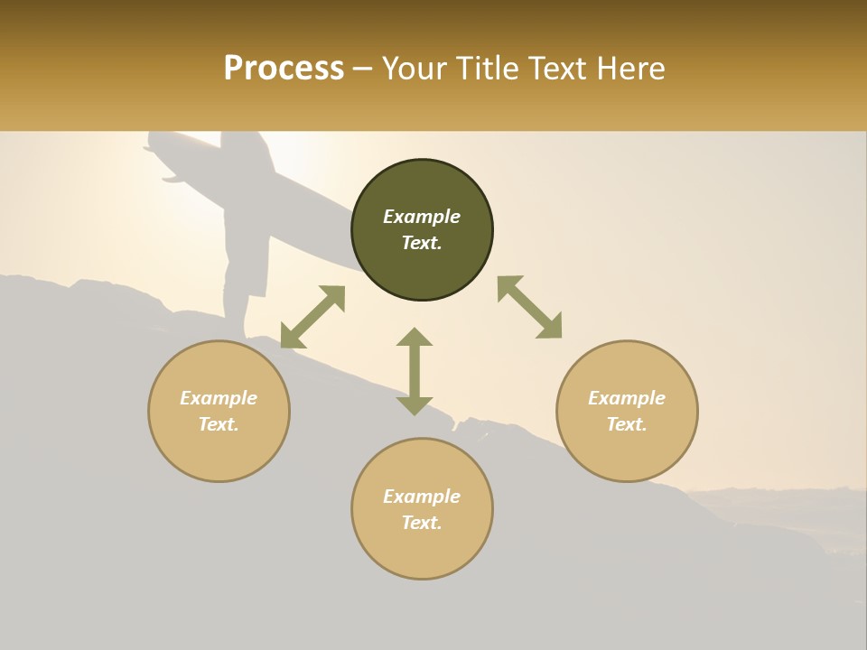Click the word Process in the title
(284, 69)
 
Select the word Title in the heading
(489, 69)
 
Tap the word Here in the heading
(629, 69)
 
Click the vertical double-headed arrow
(415, 371)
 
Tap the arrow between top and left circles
(312, 317)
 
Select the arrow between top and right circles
(530, 307)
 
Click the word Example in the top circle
(422, 217)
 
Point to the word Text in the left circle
(219, 424)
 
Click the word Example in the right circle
(627, 398)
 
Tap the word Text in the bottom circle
(422, 523)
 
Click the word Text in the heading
(558, 69)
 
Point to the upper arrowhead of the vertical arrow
(415, 338)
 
